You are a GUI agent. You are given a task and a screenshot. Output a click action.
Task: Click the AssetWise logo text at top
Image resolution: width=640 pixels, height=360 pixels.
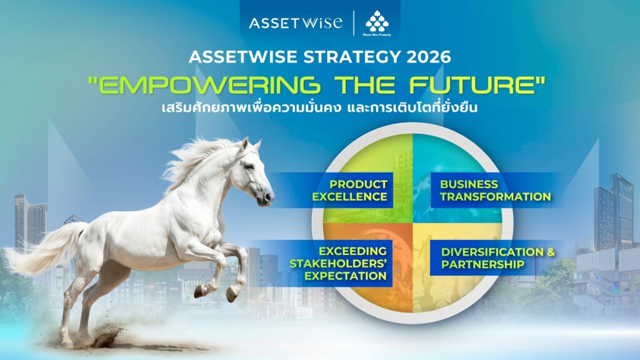coord(296,23)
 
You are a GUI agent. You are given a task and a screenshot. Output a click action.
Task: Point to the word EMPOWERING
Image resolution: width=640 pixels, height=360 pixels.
coord(204,85)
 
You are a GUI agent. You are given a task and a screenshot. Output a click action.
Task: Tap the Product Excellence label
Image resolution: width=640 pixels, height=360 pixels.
coord(350,191)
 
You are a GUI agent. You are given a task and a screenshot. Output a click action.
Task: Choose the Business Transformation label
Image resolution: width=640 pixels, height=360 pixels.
coord(495,191)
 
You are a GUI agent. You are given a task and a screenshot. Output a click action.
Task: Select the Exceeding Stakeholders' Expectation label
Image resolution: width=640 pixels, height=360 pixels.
coord(338,263)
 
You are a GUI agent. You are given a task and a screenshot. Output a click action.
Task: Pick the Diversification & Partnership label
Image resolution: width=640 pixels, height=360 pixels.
coord(498,258)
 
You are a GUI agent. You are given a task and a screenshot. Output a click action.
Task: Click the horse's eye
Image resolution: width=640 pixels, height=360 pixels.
coord(249,166)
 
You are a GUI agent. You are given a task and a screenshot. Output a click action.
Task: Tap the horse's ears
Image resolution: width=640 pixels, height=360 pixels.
coord(250,145)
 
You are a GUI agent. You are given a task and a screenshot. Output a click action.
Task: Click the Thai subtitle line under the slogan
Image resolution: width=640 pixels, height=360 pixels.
coord(319,107)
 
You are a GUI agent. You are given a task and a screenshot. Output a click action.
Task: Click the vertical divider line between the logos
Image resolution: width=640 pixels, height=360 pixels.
coord(354,23)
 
